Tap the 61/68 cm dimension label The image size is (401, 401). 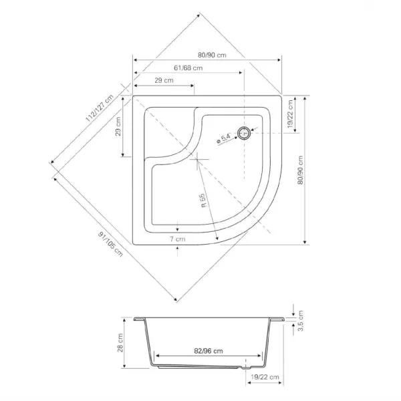(x=188, y=68)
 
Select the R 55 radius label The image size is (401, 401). (x=203, y=200)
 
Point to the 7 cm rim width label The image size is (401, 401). (x=178, y=239)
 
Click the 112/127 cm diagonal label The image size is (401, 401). (x=99, y=108)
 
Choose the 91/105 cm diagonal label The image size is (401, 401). (x=110, y=244)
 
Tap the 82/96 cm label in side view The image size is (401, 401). (x=209, y=351)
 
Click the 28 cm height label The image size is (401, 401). (x=120, y=343)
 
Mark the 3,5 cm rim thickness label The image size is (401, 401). (x=301, y=321)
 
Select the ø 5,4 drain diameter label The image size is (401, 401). (x=223, y=138)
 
